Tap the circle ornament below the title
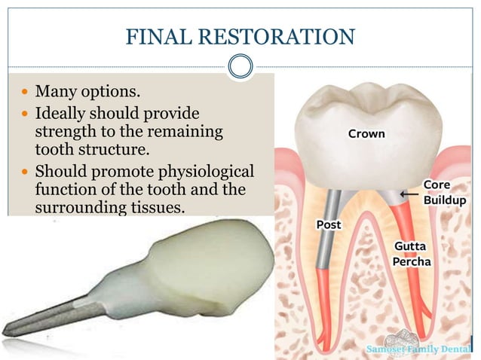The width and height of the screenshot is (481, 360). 240,66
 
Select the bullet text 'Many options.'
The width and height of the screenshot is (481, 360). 87,93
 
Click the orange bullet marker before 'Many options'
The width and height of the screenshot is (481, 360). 25,94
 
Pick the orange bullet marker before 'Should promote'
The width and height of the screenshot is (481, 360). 25,170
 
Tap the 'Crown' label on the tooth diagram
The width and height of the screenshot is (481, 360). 366,134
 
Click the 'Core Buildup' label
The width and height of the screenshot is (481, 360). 443,193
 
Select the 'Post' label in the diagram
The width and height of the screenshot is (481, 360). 329,224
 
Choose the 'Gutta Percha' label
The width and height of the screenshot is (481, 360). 412,254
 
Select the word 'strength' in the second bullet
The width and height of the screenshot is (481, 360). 63,133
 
